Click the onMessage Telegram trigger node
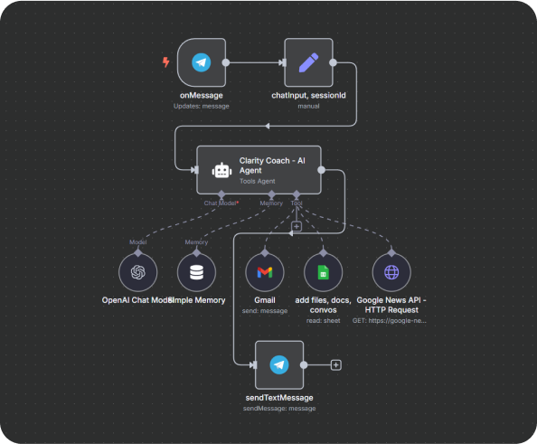tap(202, 62)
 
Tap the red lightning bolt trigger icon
tap(165, 62)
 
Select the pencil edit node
tap(308, 62)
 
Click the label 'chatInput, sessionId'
tap(309, 95)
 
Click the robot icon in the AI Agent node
tap(221, 169)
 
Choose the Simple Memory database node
tap(196, 271)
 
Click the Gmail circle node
tap(264, 271)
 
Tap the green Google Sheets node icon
tap(323, 271)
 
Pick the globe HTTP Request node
tap(391, 271)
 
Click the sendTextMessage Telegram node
tap(279, 364)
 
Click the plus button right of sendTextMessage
tap(336, 364)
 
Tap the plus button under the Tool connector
tap(296, 226)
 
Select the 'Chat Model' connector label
tap(221, 203)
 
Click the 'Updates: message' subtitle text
tap(202, 106)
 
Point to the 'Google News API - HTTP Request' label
tap(391, 304)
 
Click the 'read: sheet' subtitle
tap(323, 320)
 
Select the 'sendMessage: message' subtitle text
tap(279, 408)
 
